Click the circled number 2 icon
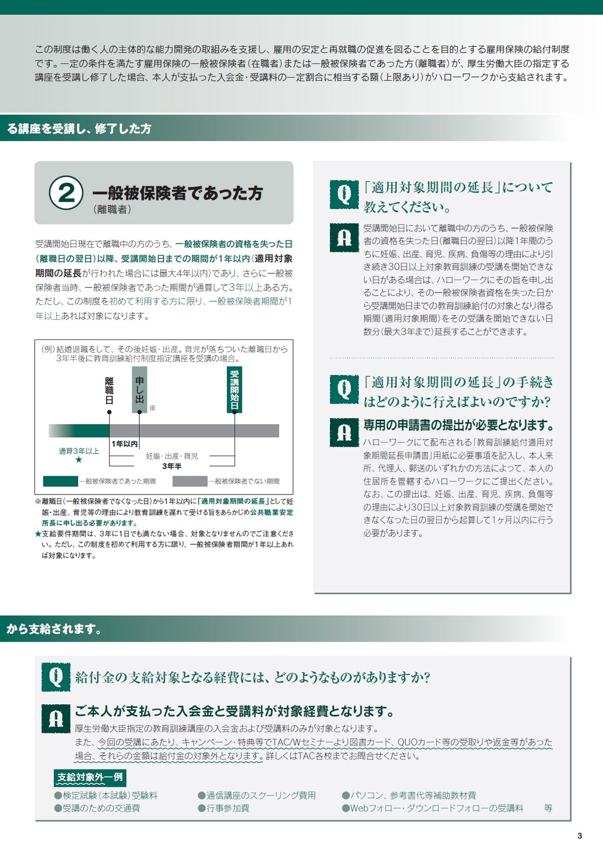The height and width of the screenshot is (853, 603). point(66,193)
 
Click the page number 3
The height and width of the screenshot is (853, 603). point(579,836)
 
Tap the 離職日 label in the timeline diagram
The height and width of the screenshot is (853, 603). point(109,391)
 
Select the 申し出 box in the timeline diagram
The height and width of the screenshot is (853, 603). point(139,390)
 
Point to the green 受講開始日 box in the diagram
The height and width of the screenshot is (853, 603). point(234,390)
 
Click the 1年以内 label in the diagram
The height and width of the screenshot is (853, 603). point(124,444)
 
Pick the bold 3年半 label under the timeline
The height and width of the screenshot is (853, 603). point(172,466)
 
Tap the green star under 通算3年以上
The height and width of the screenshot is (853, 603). point(79,460)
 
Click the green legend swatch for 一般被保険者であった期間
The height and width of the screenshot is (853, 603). point(60,482)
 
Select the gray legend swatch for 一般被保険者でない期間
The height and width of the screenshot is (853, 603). point(190,482)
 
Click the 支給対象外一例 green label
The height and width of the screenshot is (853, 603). point(90,777)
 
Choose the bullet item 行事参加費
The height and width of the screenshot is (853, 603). point(224,809)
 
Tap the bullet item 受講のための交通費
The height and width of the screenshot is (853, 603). point(97,809)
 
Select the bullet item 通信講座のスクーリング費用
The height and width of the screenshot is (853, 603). point(257,796)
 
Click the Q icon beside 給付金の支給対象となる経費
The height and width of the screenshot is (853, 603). point(56,677)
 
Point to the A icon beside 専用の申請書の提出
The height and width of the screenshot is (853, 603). point(344,432)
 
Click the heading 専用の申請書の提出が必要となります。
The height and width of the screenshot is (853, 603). point(459,425)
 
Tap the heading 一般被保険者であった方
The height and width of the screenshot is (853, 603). point(177,193)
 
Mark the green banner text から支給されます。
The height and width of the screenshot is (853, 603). point(54,628)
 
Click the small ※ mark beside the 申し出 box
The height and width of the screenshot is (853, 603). point(153,408)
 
